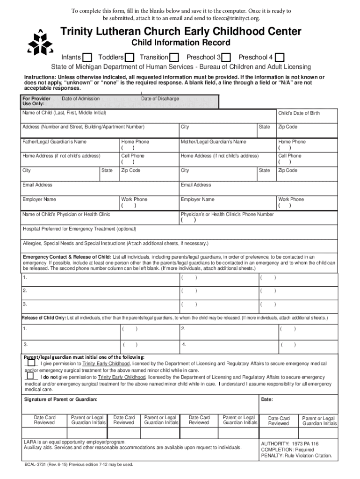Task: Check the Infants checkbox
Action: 87,58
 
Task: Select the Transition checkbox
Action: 174,58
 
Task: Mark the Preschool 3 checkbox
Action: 226,58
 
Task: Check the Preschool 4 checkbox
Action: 280,58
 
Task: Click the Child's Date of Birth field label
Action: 299,113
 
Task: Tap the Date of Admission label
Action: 80,99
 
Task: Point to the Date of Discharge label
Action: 160,99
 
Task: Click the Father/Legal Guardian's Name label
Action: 54,142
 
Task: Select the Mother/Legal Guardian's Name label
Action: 213,142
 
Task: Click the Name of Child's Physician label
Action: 66,214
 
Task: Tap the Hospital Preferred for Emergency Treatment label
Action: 79,229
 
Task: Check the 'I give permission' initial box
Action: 30,363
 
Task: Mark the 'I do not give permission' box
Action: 30,376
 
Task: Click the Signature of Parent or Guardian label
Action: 61,399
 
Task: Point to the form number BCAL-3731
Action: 37,464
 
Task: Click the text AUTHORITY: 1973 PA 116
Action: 290,443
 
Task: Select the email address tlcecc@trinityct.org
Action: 236,18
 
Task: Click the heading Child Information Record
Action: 180,43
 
